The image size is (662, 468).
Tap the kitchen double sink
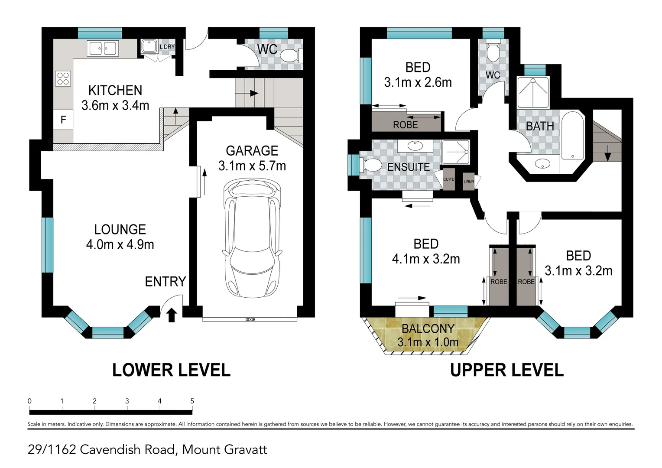tap(103, 49)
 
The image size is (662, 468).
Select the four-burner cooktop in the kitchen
tap(63, 78)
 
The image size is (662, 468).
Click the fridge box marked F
tap(63, 120)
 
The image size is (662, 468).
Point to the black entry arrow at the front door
tap(172, 315)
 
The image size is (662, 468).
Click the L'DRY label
tap(167, 47)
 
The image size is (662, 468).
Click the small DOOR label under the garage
tap(250, 320)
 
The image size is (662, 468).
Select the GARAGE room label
tap(252, 151)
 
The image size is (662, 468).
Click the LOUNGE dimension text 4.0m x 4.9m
tap(120, 245)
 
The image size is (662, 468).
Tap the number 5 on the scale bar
tap(192, 401)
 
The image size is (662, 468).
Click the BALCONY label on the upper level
tap(428, 328)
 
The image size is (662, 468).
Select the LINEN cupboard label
tap(469, 181)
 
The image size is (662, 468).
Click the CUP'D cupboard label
tap(449, 179)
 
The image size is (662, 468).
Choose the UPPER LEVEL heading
tap(506, 370)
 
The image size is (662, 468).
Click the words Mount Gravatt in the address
tap(224, 450)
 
